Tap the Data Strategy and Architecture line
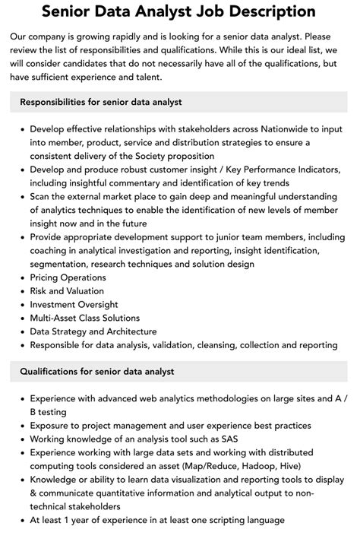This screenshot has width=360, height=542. pos(93,331)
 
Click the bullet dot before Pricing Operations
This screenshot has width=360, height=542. pos(20,278)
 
